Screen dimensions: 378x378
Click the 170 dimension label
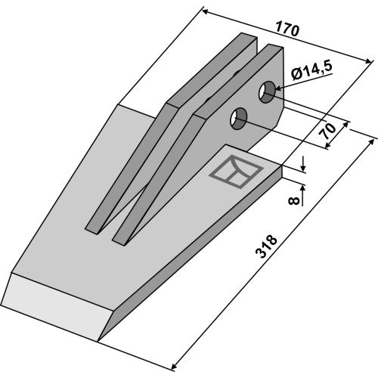pyautogui.click(x=287, y=29)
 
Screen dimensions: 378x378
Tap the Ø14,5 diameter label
pyautogui.click(x=311, y=70)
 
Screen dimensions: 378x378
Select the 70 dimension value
pyautogui.click(x=329, y=132)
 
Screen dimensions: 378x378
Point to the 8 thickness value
pyautogui.click(x=294, y=200)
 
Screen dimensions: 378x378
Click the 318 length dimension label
pyautogui.click(x=266, y=246)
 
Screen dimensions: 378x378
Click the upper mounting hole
pyautogui.click(x=268, y=92)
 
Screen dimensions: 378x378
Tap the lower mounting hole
pyautogui.click(x=238, y=119)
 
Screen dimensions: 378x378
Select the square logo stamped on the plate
pyautogui.click(x=236, y=172)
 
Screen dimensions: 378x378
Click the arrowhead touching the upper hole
pyautogui.click(x=279, y=88)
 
